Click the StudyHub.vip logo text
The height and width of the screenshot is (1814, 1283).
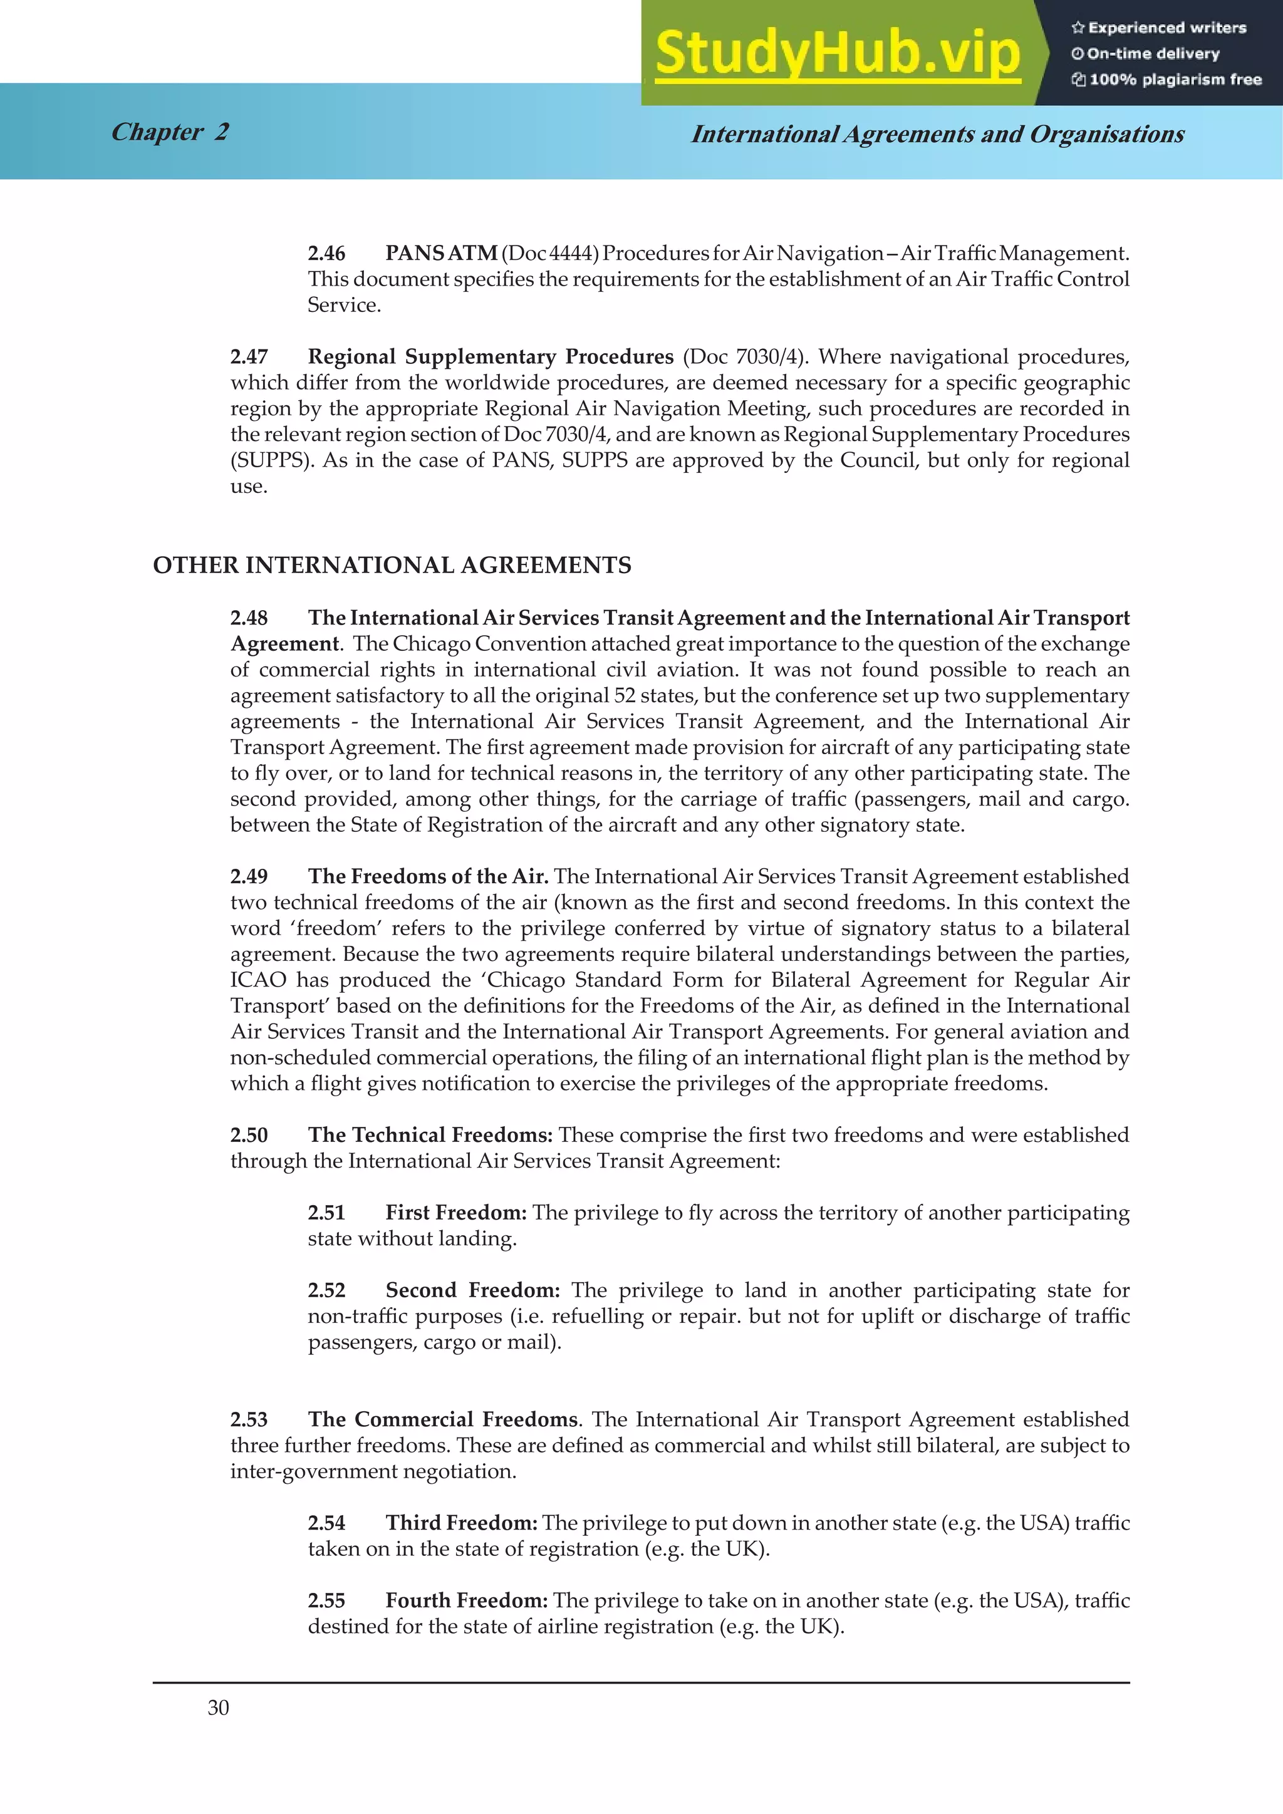point(838,53)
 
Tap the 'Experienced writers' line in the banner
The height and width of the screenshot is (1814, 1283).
point(1159,28)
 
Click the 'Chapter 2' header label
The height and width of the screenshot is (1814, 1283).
point(170,132)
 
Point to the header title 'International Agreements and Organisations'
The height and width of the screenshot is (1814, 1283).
point(937,134)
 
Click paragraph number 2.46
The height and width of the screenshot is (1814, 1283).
point(326,254)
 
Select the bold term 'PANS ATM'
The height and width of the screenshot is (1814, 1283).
point(441,254)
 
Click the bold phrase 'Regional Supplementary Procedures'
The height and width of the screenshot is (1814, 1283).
point(490,357)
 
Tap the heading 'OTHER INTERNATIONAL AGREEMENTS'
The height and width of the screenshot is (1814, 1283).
point(392,566)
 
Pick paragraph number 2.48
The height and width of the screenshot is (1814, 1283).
point(249,618)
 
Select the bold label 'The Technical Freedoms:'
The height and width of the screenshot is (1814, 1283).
point(430,1136)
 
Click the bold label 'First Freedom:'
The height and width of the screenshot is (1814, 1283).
point(456,1213)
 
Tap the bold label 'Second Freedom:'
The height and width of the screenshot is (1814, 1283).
point(472,1290)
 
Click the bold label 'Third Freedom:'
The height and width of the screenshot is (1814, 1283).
point(461,1523)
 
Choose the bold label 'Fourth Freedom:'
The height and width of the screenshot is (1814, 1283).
point(466,1600)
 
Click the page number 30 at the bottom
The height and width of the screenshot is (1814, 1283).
point(218,1708)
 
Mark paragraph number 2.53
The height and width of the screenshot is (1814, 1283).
point(249,1420)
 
